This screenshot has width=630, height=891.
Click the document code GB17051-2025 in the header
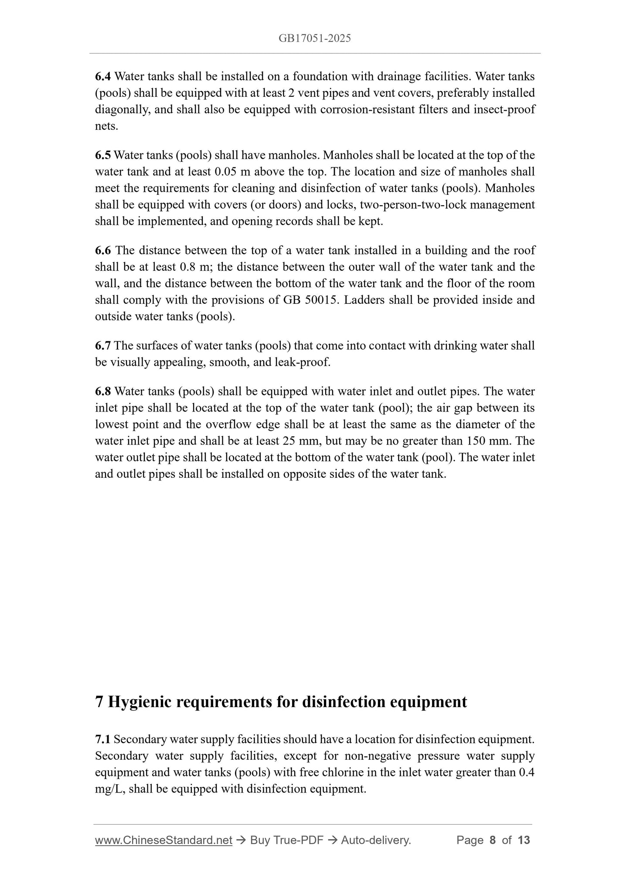tap(315, 38)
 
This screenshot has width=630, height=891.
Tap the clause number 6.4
tap(103, 77)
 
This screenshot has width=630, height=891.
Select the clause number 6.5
tap(103, 155)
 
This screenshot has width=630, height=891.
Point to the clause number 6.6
tap(103, 250)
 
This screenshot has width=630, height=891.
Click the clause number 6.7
tap(103, 346)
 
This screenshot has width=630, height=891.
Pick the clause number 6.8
tap(103, 391)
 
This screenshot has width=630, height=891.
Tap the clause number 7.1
tap(102, 739)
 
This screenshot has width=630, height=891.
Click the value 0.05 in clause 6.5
tap(226, 172)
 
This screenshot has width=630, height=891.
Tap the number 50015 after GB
tap(322, 300)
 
